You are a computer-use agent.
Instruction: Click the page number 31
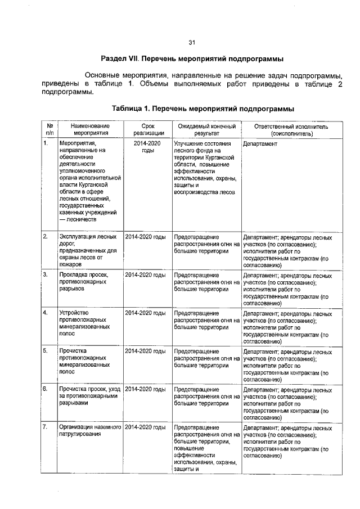pyautogui.click(x=191, y=43)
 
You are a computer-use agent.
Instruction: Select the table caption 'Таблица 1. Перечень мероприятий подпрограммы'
pyautogui.click(x=202, y=108)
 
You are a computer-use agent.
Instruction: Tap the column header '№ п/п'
pyautogui.click(x=49, y=130)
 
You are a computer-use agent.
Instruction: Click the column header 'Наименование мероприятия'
pyautogui.click(x=91, y=130)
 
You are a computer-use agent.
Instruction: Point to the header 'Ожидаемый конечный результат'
pyautogui.click(x=206, y=130)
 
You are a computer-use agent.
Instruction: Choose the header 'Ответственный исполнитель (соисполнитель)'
pyautogui.click(x=291, y=130)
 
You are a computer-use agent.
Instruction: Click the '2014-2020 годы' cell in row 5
pyautogui.click(x=145, y=351)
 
